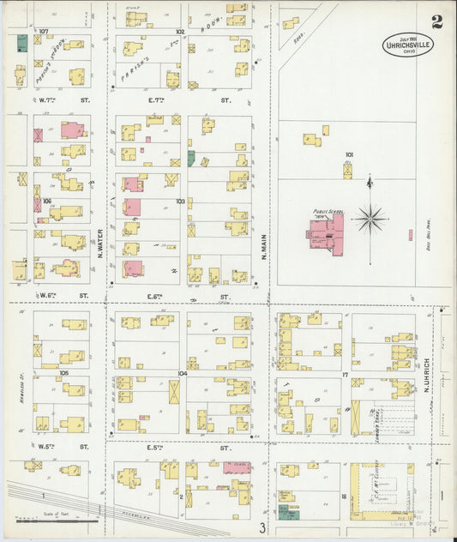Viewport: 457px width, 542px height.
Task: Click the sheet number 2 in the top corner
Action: point(437,21)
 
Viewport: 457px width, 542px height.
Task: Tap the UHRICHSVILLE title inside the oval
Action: point(408,45)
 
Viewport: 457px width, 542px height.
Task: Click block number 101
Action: point(349,155)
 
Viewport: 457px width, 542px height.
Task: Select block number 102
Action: point(180,31)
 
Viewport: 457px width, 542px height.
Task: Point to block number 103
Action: point(180,202)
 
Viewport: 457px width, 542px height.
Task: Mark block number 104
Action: point(181,374)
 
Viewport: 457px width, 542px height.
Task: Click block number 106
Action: point(47,202)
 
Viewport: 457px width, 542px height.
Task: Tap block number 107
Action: point(43,31)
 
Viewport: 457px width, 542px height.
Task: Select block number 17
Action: point(346,374)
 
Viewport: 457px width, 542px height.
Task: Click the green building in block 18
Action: point(284,512)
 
